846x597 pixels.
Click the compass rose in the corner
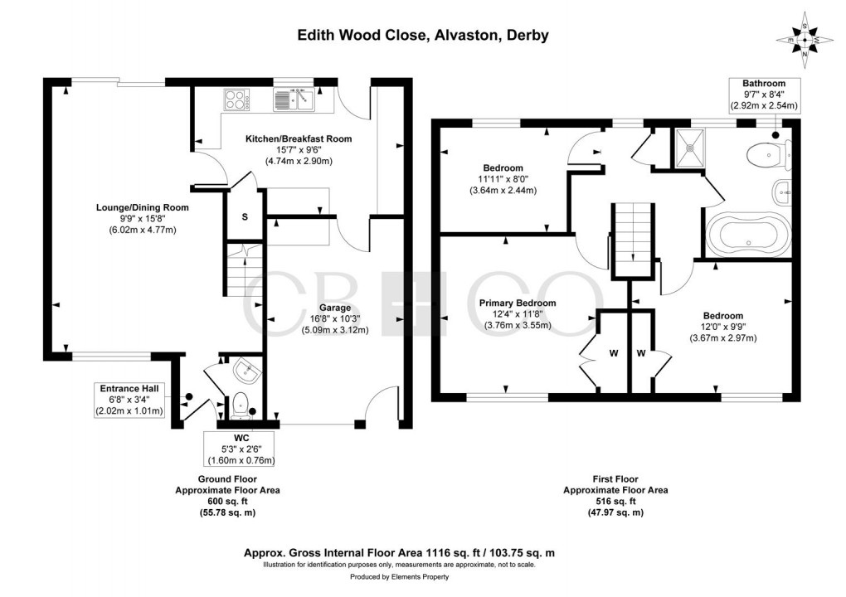click(x=805, y=40)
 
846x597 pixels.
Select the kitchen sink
click(x=294, y=99)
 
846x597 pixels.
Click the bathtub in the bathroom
click(x=748, y=235)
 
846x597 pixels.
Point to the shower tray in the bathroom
click(x=688, y=147)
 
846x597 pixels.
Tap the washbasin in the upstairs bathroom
click(x=782, y=192)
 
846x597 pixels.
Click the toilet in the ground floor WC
click(x=240, y=406)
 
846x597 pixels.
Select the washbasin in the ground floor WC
click(x=248, y=371)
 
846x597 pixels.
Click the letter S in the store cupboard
click(x=245, y=216)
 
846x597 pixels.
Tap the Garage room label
click(x=334, y=308)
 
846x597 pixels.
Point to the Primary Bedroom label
click(x=518, y=303)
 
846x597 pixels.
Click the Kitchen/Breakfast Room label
click(x=299, y=138)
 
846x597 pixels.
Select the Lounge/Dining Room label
click(x=143, y=207)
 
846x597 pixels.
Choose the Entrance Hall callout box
click(x=129, y=400)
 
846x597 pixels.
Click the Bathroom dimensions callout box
click(x=764, y=95)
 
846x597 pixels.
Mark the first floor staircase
click(x=633, y=240)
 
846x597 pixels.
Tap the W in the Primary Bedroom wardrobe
click(x=614, y=353)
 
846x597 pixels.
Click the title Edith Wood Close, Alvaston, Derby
click(x=424, y=35)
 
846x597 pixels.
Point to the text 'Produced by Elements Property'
click(x=399, y=576)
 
